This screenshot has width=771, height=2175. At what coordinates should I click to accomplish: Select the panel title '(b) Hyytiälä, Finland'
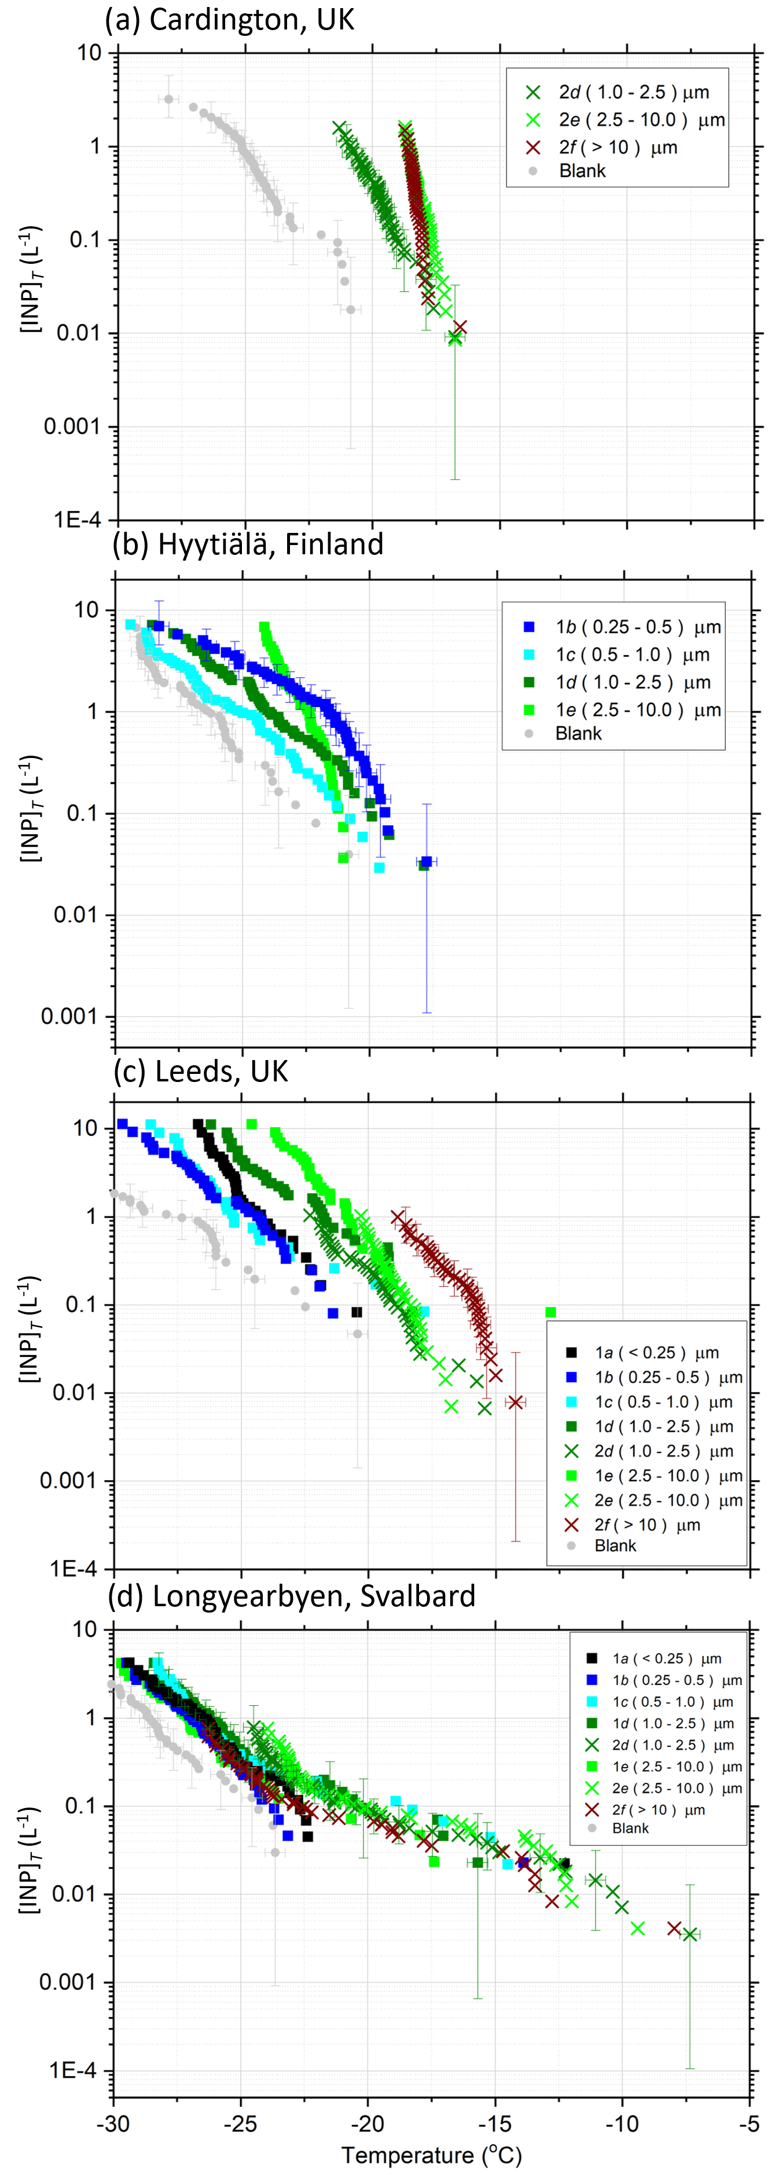[247, 544]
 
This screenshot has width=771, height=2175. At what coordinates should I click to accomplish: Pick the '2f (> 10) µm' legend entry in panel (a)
[617, 148]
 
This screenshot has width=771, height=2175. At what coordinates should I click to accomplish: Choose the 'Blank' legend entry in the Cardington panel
[582, 171]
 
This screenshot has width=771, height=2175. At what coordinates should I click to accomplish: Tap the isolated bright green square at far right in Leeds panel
[550, 1312]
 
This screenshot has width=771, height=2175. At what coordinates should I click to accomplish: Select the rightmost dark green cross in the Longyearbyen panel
[690, 1934]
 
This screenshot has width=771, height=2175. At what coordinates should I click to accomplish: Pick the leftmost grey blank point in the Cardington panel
[169, 100]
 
